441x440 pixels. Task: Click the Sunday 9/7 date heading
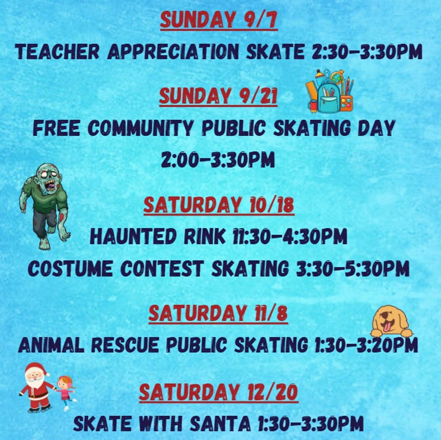219,19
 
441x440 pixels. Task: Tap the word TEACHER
57,52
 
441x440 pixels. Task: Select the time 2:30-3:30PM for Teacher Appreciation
367,52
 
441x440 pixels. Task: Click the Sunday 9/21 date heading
218,96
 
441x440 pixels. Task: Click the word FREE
56,128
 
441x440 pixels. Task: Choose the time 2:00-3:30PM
218,160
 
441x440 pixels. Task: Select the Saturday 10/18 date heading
219,205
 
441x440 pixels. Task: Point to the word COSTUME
70,269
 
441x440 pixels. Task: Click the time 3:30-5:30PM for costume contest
353,269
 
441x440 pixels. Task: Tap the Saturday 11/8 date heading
218,313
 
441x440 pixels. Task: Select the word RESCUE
125,345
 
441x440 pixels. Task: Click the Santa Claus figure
37,387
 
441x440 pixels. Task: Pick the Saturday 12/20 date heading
218,393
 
